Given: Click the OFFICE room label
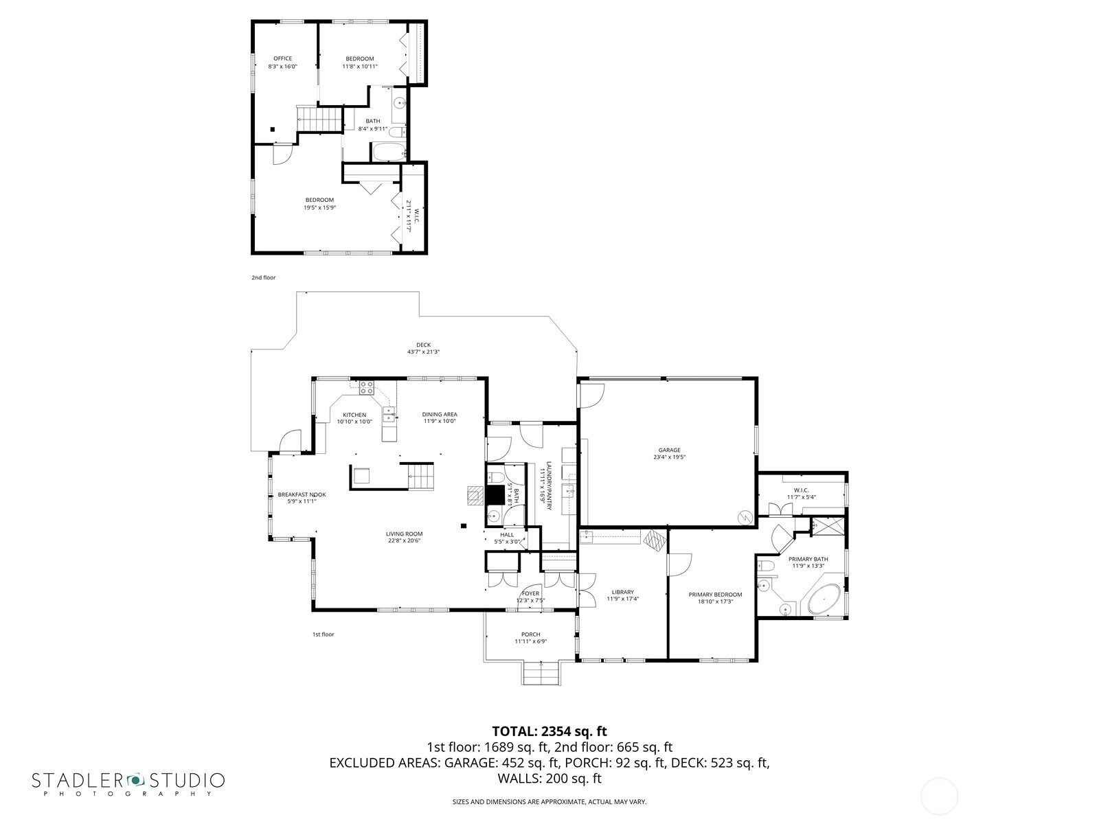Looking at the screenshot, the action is tap(282, 58).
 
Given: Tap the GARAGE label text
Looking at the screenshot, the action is tap(669, 450).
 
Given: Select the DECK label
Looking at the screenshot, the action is tap(423, 345).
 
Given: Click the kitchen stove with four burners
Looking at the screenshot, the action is tap(367, 388).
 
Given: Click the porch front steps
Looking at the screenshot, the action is tap(541, 672).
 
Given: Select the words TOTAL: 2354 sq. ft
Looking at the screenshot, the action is tap(549, 731).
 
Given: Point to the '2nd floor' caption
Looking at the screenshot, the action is tap(263, 277).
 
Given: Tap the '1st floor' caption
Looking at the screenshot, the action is tap(323, 634).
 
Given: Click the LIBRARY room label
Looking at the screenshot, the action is tap(622, 593).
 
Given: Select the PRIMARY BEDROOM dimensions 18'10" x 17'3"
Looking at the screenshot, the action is tap(715, 602).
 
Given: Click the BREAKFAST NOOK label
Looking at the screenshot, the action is tap(302, 495).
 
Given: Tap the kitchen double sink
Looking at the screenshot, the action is tap(389, 413).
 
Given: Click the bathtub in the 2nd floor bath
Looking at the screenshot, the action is tap(388, 152).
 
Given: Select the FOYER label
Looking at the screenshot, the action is tap(530, 594).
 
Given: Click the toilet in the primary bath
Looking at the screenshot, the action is tap(766, 566).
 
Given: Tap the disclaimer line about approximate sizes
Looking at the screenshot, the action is tap(549, 801).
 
